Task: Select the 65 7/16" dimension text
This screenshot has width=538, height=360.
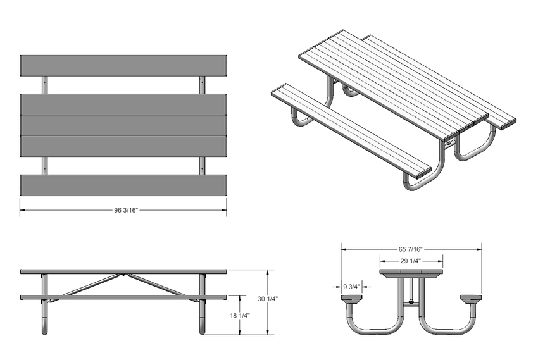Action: click(412, 249)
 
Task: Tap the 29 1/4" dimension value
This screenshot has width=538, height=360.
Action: click(411, 261)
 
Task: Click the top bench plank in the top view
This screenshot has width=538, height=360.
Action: click(124, 65)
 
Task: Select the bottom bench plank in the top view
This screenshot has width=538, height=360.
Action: click(124, 184)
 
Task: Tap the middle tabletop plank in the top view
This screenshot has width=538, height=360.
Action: click(124, 125)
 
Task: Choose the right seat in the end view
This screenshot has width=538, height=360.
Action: click(472, 297)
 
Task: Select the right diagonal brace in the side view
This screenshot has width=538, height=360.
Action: click(158, 285)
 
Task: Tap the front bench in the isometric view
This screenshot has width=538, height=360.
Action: click(351, 130)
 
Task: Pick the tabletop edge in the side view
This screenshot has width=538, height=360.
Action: click(124, 271)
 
